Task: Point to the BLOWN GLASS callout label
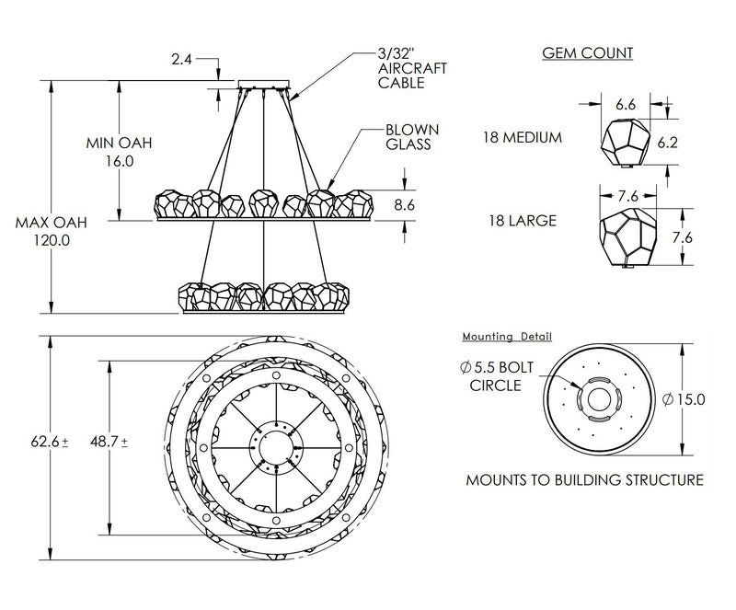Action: click(412, 137)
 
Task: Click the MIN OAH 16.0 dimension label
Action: click(119, 152)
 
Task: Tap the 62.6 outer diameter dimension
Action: click(48, 442)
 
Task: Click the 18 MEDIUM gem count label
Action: click(521, 137)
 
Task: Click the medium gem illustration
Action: click(625, 139)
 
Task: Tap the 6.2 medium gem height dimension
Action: click(695, 143)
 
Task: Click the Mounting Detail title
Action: click(508, 337)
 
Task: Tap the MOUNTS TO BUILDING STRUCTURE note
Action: click(584, 480)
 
